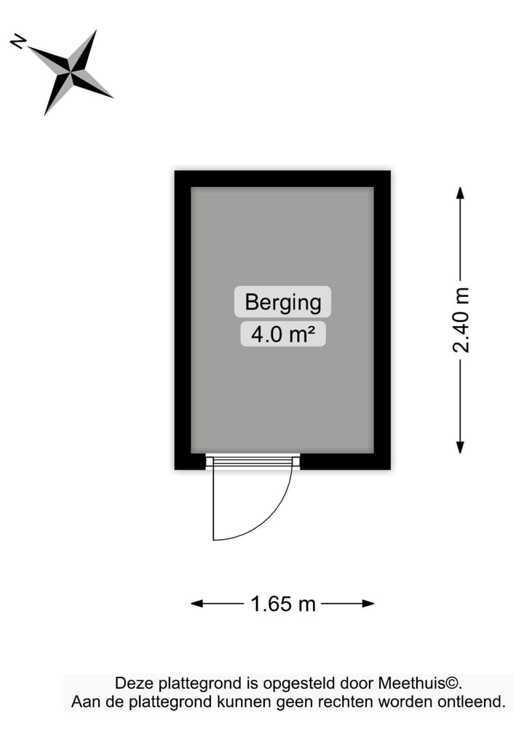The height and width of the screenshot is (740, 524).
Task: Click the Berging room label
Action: point(282,301)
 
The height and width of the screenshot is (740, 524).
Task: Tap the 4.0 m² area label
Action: point(282,335)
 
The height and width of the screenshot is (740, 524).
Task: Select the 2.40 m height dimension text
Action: point(461,320)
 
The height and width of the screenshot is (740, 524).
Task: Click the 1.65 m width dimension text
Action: point(283,604)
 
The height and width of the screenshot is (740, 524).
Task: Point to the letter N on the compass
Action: point(18,42)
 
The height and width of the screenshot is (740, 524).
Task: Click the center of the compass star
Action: point(71,71)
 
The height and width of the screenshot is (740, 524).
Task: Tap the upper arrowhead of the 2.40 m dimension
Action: point(460,193)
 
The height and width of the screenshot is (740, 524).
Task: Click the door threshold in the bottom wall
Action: point(253,461)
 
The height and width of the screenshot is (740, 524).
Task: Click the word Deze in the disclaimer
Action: point(132,683)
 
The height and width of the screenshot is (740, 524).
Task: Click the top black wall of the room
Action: point(282,178)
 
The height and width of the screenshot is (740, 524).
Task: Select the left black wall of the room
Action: point(183,320)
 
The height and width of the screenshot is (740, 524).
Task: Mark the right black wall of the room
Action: point(382,320)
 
